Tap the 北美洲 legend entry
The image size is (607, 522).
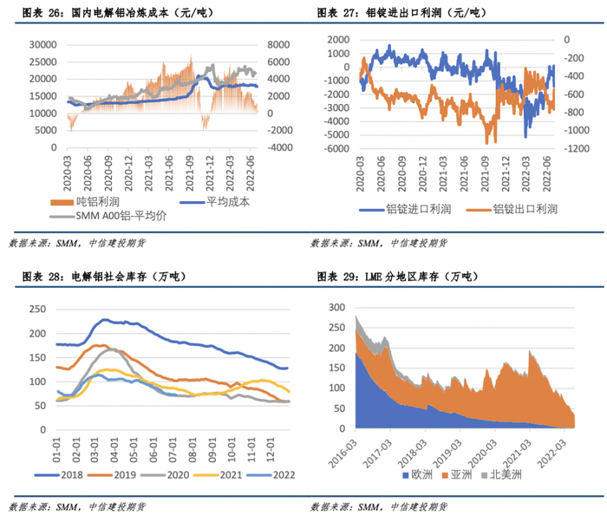point(508,475)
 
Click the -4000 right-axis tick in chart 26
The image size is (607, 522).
point(278,148)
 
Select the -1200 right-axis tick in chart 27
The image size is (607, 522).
point(572,149)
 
